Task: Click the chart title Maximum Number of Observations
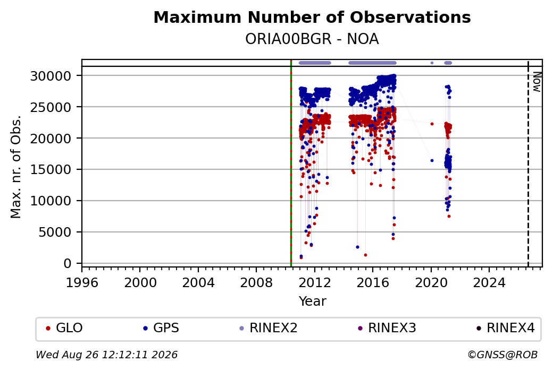pyautogui.click(x=312, y=17)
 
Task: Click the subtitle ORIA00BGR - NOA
pyautogui.click(x=312, y=39)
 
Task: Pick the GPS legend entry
pyautogui.click(x=161, y=328)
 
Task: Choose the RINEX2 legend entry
pyautogui.click(x=269, y=328)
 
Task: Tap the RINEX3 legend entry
pyautogui.click(x=387, y=328)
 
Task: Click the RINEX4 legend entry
pyautogui.click(x=505, y=328)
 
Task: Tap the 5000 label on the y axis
pyautogui.click(x=55, y=232)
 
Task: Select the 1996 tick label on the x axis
pyautogui.click(x=82, y=283)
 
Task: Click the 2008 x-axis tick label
pyautogui.click(x=256, y=283)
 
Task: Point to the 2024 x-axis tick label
pyautogui.click(x=489, y=283)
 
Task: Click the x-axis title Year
pyautogui.click(x=313, y=301)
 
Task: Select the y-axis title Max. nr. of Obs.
pyautogui.click(x=16, y=167)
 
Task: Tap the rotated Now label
pyautogui.click(x=537, y=82)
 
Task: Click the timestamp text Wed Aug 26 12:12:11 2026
pyautogui.click(x=107, y=355)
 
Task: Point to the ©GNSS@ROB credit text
pyautogui.click(x=502, y=355)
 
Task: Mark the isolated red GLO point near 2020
pyautogui.click(x=432, y=124)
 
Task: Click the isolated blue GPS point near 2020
pyautogui.click(x=432, y=160)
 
